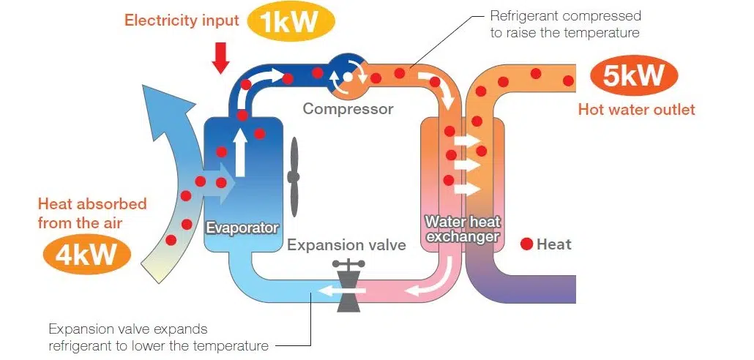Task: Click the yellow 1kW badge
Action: (291, 21)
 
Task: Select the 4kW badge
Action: (86, 255)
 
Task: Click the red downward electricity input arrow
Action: (220, 57)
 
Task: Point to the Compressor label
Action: (348, 110)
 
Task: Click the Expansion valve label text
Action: (346, 245)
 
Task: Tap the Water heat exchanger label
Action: (462, 229)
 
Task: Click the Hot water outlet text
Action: (636, 110)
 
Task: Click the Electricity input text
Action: (182, 20)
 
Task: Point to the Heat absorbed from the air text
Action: (92, 212)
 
